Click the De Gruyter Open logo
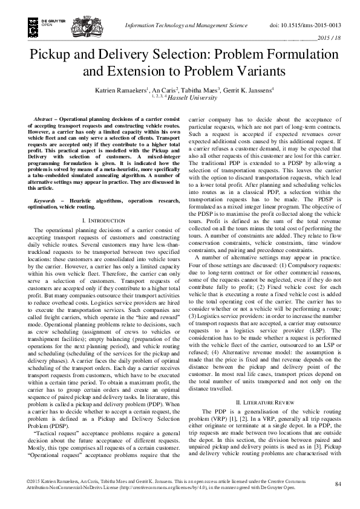click(38, 24)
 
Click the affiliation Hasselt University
click(192, 97)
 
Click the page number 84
click(338, 484)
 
